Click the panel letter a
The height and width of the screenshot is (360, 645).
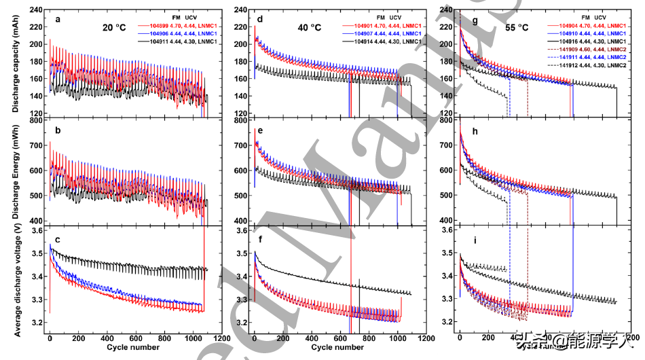coord(58,19)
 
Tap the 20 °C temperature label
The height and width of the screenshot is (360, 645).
coord(114,28)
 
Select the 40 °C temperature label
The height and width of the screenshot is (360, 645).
coord(309,28)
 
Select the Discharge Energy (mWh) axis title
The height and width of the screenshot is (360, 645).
coord(14,173)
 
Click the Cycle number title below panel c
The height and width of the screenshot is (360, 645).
coord(133,348)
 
